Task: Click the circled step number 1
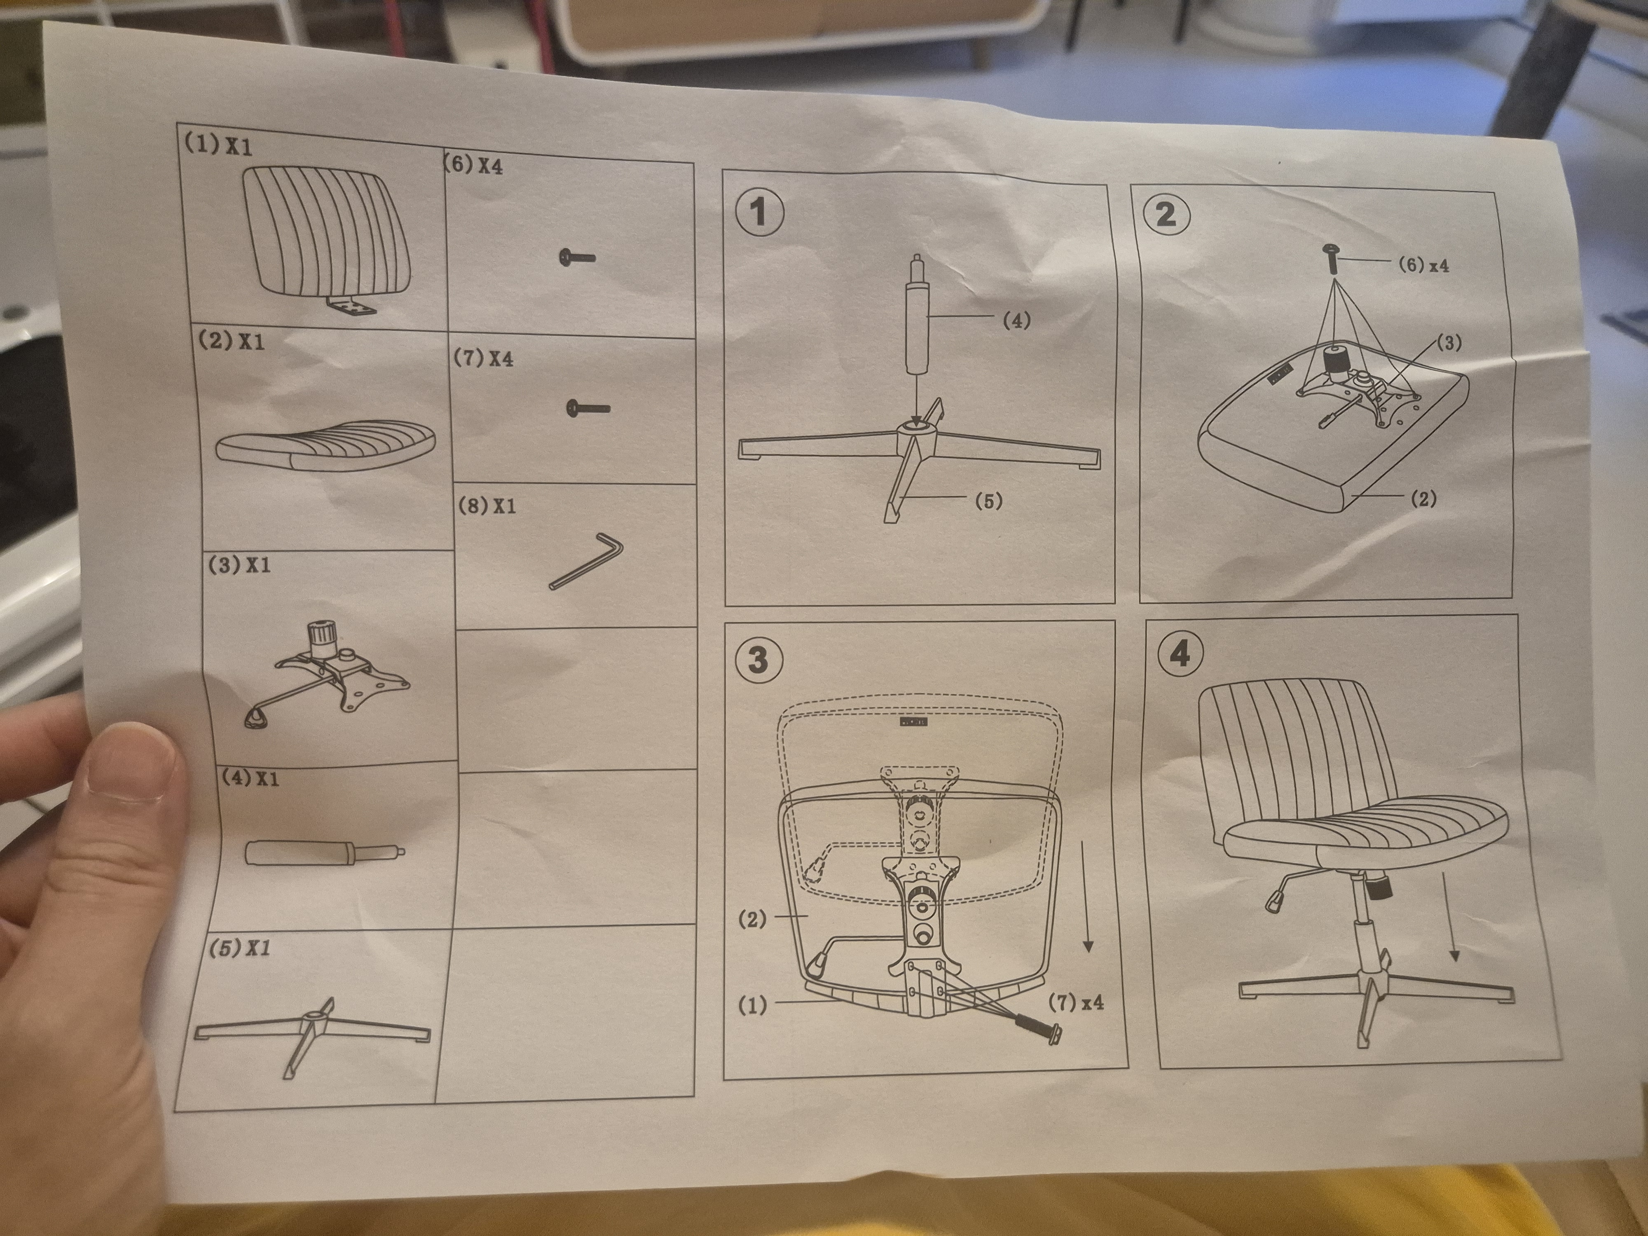point(759,212)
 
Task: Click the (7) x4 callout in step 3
point(1076,1002)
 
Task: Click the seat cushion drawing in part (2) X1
point(325,445)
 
